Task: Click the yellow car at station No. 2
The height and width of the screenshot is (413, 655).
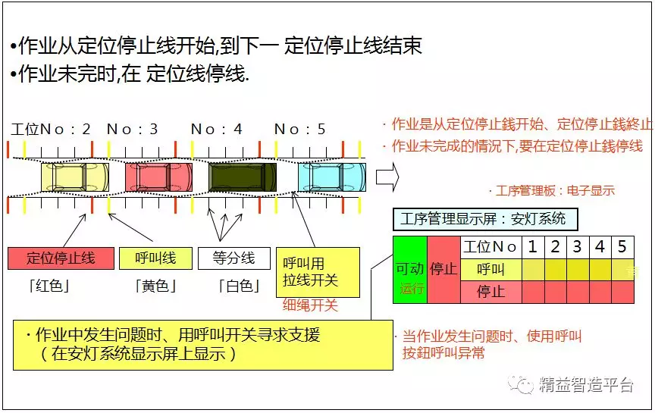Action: [75, 177]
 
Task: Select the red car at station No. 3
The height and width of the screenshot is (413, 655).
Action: [158, 177]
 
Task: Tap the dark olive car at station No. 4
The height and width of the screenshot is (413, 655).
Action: [243, 177]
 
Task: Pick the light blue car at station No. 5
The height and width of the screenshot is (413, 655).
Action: [332, 177]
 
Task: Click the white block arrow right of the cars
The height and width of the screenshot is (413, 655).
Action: [387, 177]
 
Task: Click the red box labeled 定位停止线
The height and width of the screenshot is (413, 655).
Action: [61, 258]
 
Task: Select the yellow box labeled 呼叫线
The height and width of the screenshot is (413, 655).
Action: [156, 258]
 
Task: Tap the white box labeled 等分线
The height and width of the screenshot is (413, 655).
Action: [234, 258]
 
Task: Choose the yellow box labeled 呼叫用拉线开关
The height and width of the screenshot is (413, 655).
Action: [318, 272]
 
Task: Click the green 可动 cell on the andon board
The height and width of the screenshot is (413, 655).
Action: [410, 270]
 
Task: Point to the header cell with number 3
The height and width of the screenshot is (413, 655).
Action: [578, 247]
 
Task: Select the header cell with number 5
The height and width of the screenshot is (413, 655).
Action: [622, 247]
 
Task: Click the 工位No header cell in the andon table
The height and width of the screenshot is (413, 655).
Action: [490, 247]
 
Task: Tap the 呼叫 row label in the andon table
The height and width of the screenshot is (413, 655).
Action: [490, 269]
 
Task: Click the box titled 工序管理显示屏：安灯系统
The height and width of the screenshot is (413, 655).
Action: [485, 219]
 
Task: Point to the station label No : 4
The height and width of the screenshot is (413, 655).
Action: [216, 129]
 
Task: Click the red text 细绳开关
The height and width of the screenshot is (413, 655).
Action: [310, 305]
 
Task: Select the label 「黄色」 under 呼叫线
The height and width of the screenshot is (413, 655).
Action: [155, 286]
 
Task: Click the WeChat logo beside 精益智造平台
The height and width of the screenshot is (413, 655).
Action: [521, 384]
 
